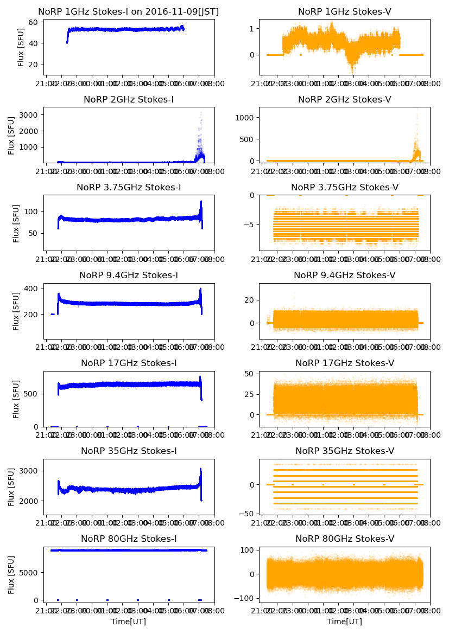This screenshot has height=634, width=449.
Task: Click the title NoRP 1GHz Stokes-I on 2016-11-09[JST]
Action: click(x=129, y=11)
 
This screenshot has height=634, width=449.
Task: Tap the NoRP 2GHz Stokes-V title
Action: click(x=344, y=99)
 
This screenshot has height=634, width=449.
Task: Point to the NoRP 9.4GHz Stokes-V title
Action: click(x=344, y=275)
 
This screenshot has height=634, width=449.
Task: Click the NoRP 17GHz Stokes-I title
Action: click(x=129, y=363)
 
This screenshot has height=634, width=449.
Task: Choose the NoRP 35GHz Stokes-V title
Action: click(x=344, y=451)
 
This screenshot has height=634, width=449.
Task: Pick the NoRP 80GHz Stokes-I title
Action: click(x=129, y=539)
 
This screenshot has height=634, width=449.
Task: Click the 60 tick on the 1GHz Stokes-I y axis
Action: click(x=32, y=22)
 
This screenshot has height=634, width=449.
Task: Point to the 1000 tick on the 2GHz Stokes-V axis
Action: click(x=245, y=117)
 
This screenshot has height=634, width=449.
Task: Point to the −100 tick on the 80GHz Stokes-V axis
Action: click(x=245, y=598)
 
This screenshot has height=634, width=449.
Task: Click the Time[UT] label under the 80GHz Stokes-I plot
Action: click(x=129, y=622)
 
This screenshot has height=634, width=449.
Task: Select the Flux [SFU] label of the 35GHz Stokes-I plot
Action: click(x=11, y=486)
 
